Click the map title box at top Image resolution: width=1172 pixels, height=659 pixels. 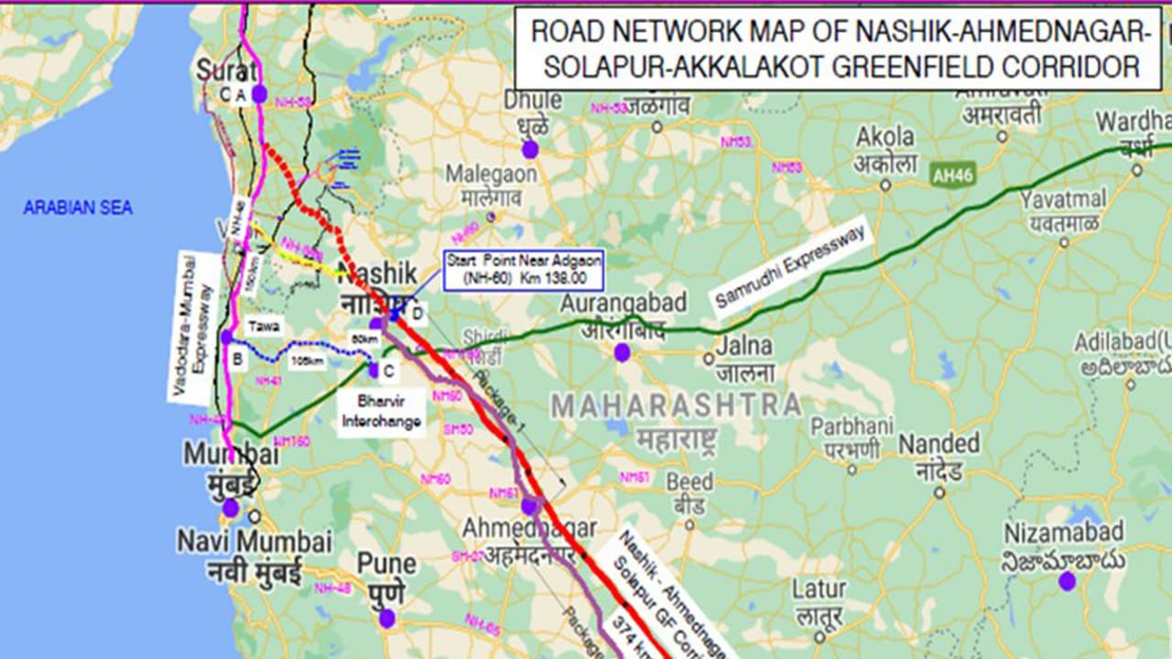838,48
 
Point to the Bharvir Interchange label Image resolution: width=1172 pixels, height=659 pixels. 382,412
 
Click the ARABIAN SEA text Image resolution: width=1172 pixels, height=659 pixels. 78,208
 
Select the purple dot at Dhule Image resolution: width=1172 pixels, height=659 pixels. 530,149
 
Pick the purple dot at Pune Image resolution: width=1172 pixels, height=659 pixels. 387,618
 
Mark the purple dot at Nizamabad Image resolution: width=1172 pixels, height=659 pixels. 1067,580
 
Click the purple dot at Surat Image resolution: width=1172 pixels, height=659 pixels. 259,93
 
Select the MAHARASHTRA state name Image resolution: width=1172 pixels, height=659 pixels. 676,405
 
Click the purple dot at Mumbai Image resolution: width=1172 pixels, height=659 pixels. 231,508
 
